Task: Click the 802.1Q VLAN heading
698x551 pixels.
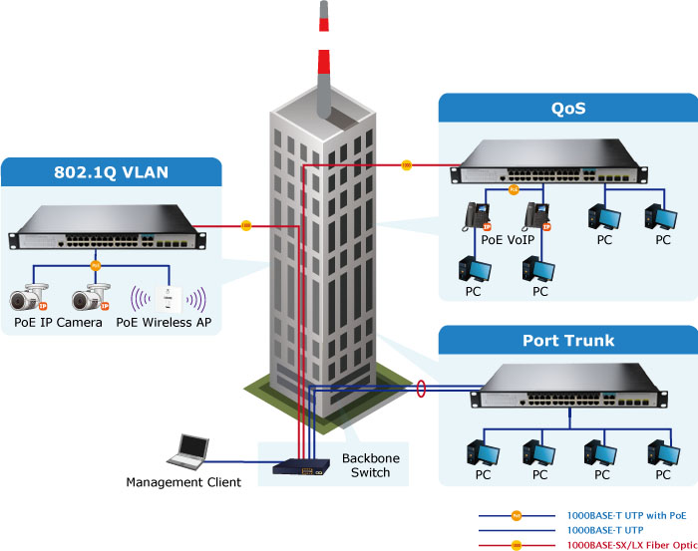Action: [110, 171]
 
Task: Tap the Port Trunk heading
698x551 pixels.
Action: [568, 341]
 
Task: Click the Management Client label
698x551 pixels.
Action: [183, 483]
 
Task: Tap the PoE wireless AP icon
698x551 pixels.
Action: [169, 297]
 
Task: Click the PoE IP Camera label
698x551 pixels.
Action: [58, 323]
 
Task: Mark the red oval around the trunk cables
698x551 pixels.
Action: [421, 388]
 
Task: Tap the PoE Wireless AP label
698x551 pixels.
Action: [164, 323]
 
